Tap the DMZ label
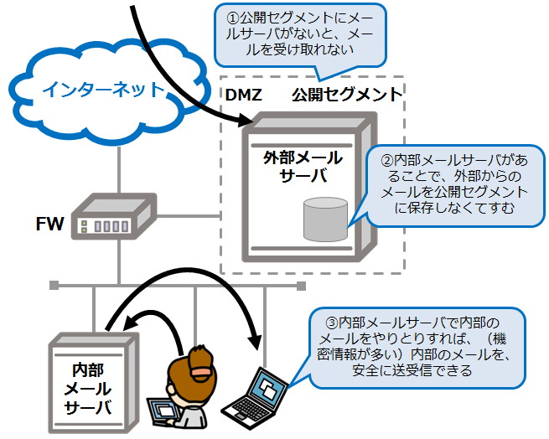[244, 94]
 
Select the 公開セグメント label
[347, 94]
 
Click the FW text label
[48, 224]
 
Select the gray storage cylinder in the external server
[324, 218]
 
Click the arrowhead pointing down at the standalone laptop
[256, 343]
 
